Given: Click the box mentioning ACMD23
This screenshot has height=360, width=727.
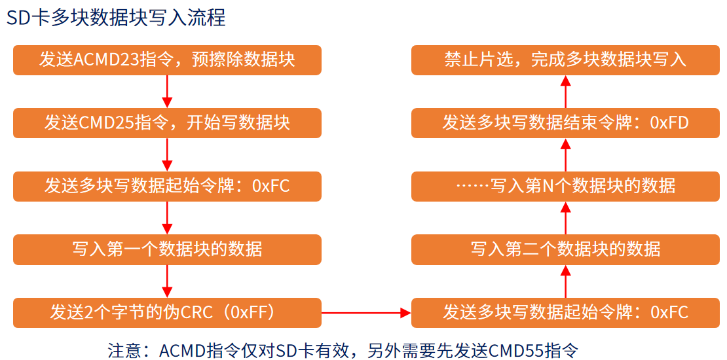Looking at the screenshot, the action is coord(167,60).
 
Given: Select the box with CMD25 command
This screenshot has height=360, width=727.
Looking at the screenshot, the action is coord(167,123).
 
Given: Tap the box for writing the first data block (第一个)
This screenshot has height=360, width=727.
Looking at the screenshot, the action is coord(167,249).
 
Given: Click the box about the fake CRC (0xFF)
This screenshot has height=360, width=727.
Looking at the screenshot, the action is coord(167,312).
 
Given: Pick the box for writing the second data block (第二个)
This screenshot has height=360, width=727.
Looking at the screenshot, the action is coord(565,249).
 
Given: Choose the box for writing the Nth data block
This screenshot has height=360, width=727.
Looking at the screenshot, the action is coord(565,187).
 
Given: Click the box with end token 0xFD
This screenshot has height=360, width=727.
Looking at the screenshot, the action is coord(565,123).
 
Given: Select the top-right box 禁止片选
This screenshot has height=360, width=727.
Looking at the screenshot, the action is coord(565,60).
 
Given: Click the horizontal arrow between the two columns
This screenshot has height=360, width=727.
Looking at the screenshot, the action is coord(366,313).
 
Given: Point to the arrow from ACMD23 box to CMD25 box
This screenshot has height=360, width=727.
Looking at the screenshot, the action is coord(167,92).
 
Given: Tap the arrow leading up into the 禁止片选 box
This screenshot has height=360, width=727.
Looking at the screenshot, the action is coord(565,92).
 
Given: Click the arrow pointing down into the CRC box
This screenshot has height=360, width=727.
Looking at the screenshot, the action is coord(167,281).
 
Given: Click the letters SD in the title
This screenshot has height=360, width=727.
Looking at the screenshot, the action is coord(17,18).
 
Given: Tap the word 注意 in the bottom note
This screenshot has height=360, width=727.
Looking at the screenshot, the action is coord(124,350).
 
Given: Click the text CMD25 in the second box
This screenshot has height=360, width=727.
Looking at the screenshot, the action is coord(105,123).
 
